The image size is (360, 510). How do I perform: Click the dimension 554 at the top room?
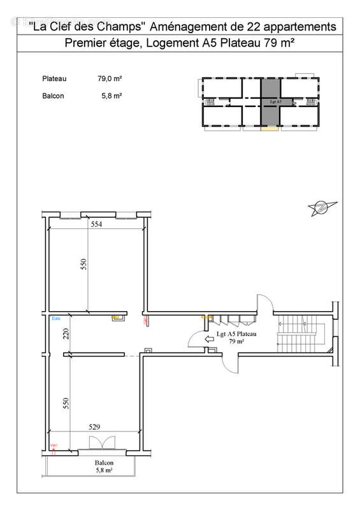point(96,224)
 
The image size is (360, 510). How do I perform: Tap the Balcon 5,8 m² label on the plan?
point(104,467)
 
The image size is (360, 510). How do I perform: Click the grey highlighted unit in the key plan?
point(271,102)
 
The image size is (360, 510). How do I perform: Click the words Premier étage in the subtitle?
point(101,44)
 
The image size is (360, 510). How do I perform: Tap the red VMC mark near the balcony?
point(54,446)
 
